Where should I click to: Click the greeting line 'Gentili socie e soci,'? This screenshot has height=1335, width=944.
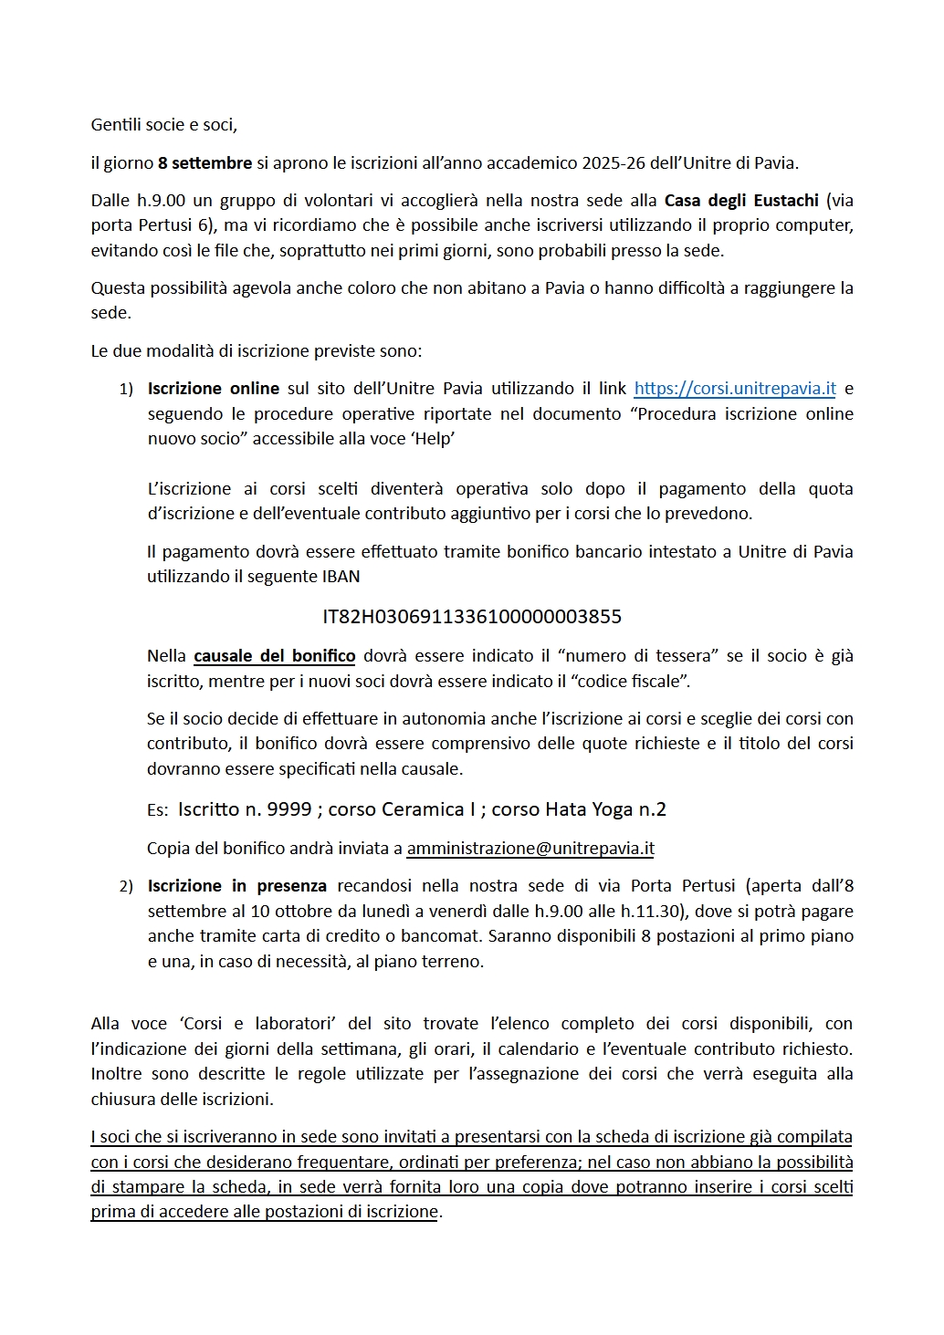[x=163, y=125]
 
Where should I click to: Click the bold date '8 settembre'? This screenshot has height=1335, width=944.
[x=205, y=163]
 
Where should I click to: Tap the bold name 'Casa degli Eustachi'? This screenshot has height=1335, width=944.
[x=741, y=201]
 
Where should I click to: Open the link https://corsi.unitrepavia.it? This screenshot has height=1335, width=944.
[x=734, y=389]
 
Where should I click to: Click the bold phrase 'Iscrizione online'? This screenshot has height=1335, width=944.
[x=214, y=389]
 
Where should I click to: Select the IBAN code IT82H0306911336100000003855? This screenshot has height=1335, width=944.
[x=472, y=617]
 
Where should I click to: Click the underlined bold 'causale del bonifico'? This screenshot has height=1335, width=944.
[x=274, y=656]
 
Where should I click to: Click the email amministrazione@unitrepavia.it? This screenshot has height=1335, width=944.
[x=530, y=849]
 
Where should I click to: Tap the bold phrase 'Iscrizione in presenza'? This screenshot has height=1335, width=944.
[x=236, y=886]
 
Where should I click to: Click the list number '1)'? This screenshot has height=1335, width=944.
[x=126, y=390]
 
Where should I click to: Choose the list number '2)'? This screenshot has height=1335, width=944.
[x=126, y=887]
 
